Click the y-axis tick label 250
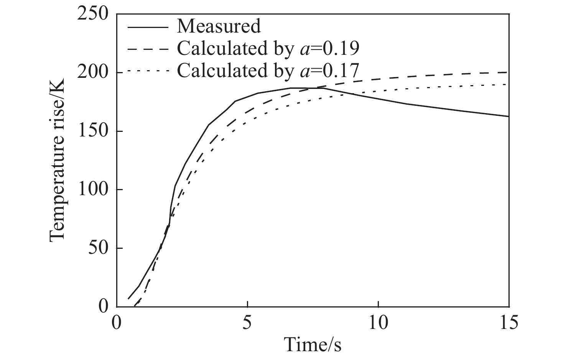click(93, 14)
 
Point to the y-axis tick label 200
click(93, 73)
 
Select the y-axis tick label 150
click(93, 132)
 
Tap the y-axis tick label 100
click(93, 190)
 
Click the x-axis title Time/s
click(313, 344)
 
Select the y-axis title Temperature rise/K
click(58, 160)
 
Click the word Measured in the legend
click(219, 26)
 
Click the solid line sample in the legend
click(148, 27)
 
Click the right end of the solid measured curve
click(508, 116)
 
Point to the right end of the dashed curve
click(508, 72)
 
